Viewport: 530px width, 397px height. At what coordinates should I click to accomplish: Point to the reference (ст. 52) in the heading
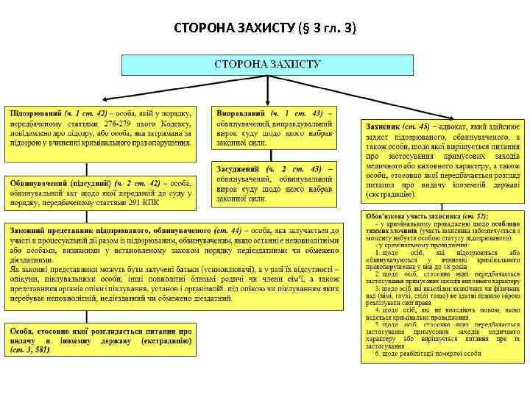point(473,218)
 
